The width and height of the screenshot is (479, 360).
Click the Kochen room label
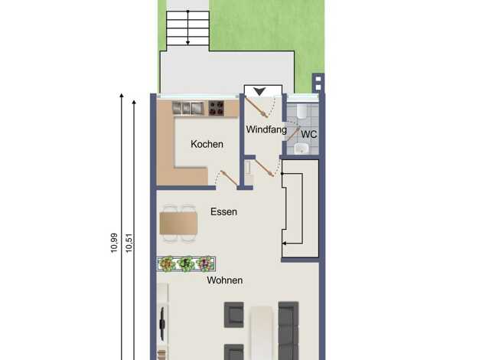click(207, 144)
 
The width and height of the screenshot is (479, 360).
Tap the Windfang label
click(266, 129)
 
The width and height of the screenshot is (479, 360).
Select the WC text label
click(309, 134)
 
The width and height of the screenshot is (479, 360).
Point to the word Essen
click(223, 211)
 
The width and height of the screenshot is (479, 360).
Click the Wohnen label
click(225, 280)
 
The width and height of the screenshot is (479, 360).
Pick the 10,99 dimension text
click(114, 243)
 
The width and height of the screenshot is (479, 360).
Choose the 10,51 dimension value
click(129, 243)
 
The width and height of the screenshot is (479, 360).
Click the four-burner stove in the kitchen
click(216, 108)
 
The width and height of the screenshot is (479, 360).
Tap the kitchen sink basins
click(188, 108)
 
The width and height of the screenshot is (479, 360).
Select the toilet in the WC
click(301, 111)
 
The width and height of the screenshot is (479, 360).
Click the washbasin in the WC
click(301, 149)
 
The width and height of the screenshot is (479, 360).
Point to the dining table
click(178, 224)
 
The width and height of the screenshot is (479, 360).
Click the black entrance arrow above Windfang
click(259, 91)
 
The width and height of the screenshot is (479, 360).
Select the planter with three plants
click(187, 263)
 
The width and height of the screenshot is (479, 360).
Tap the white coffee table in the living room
click(262, 332)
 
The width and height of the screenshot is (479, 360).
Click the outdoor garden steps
click(188, 28)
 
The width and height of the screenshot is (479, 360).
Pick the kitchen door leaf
click(229, 178)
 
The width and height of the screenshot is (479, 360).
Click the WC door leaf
click(292, 134)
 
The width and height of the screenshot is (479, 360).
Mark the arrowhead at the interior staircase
click(284, 244)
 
